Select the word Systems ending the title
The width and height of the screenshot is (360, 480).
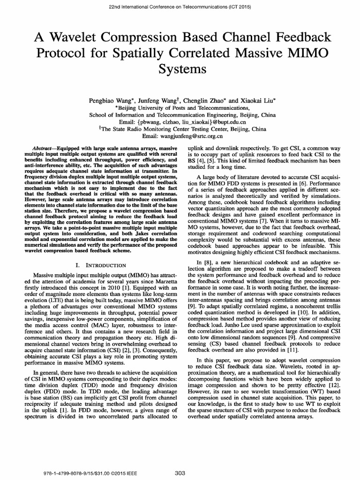[180, 69]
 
